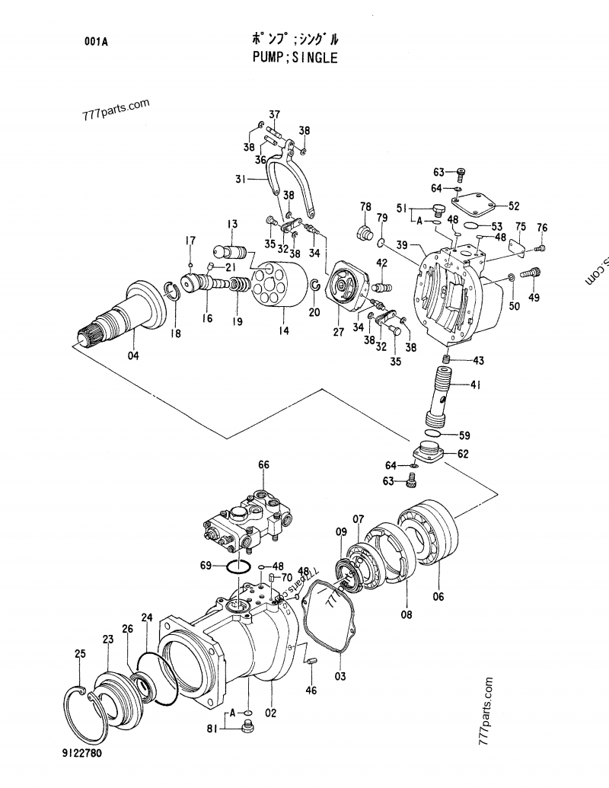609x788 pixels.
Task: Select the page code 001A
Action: pos(96,43)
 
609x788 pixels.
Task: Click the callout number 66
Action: pos(263,464)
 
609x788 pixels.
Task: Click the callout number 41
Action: pos(475,385)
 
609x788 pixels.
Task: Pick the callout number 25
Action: pos(80,653)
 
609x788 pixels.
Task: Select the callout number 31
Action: pos(240,180)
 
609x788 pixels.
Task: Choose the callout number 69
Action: pos(206,565)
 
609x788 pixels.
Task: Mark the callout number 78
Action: pos(365,207)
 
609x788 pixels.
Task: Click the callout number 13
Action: pos(231,223)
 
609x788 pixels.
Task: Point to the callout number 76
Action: pos(541,228)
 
